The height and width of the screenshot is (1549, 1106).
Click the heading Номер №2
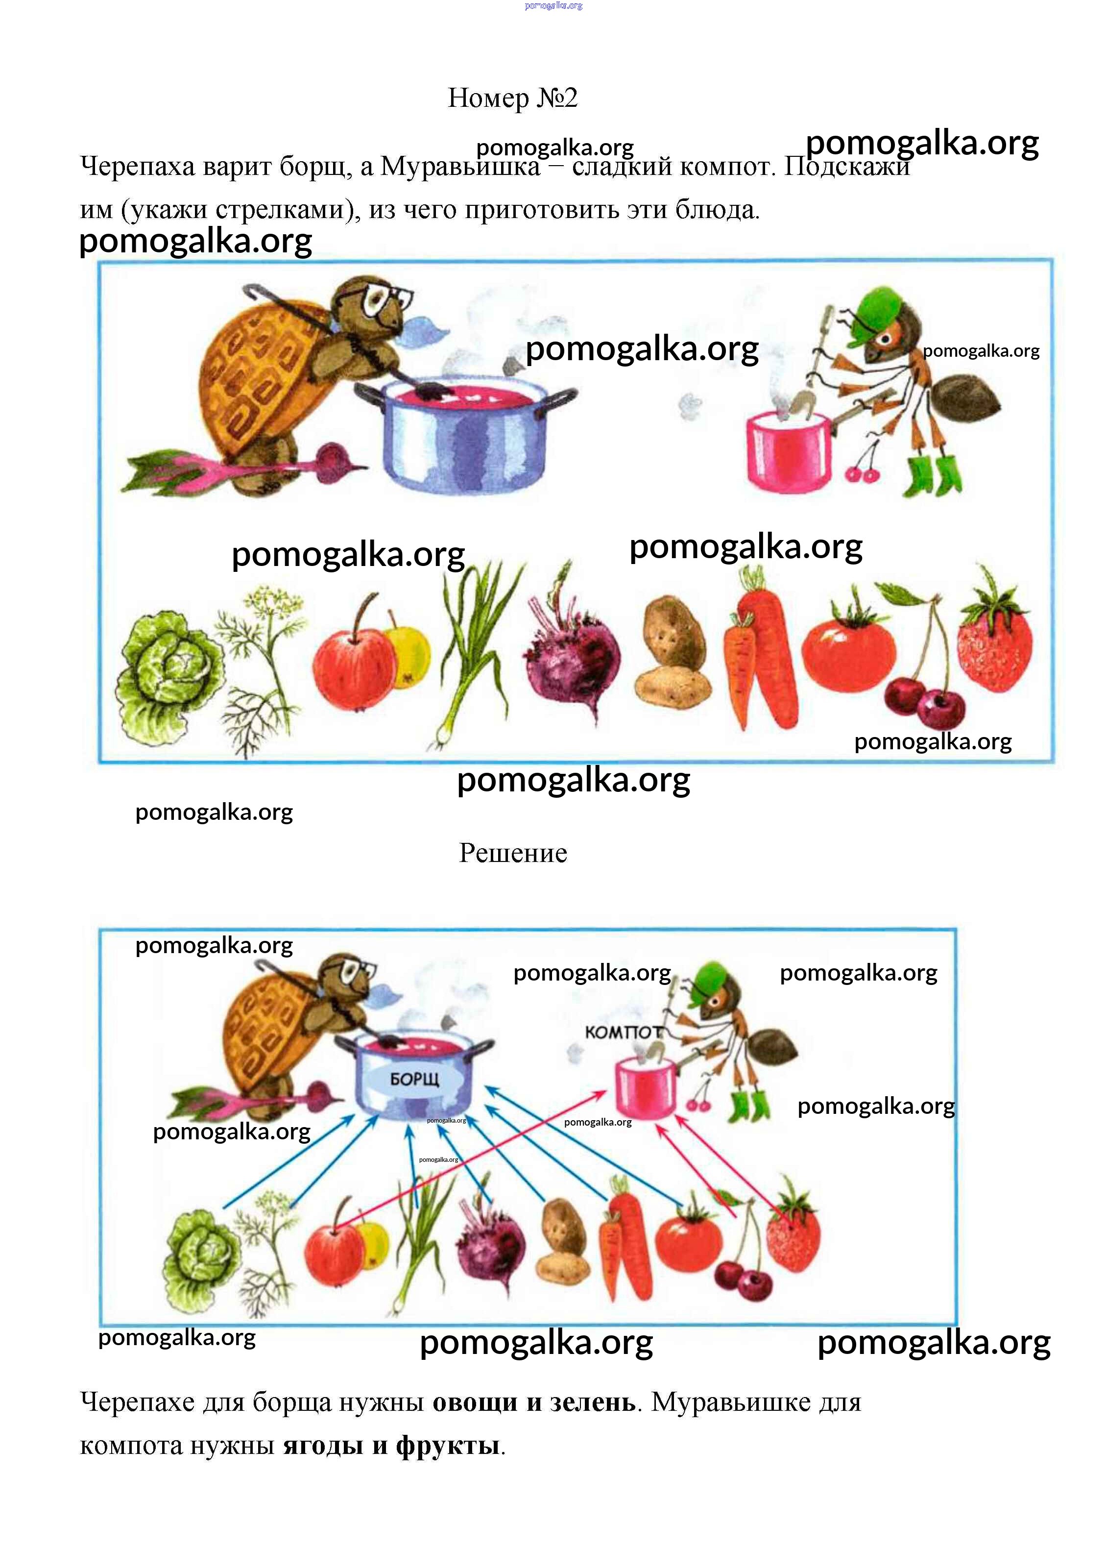tap(512, 98)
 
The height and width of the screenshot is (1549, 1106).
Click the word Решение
tap(513, 853)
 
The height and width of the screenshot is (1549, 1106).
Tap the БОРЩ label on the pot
tap(415, 1079)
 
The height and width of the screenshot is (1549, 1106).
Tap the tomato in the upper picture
tap(848, 648)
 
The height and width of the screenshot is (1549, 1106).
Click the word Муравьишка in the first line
tap(460, 166)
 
